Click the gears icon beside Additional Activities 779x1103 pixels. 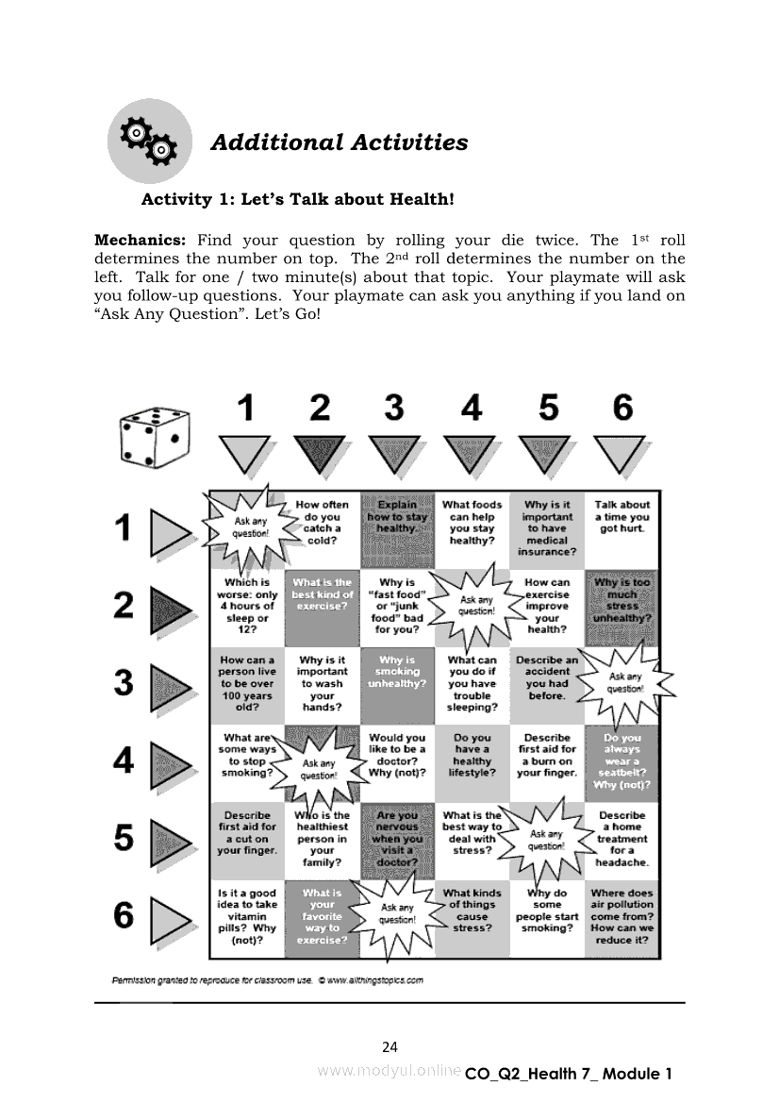coord(149,142)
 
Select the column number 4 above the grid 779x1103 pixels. coord(471,409)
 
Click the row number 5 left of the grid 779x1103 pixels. coord(124,837)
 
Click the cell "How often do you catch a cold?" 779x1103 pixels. coord(322,523)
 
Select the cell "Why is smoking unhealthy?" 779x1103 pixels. coord(397,672)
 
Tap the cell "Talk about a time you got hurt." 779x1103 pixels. coord(622,517)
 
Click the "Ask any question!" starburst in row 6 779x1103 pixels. coord(397,913)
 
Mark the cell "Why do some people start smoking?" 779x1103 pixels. coord(547,911)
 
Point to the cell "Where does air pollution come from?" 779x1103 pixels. coord(622,915)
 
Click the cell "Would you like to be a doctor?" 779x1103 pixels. coord(397,755)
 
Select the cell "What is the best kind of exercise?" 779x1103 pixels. coord(322,594)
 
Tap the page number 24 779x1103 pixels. coord(389,1046)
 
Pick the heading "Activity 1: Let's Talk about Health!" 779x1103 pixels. coord(298,200)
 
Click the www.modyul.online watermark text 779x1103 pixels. coord(389,1071)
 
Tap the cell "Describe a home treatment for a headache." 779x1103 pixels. coord(622,838)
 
